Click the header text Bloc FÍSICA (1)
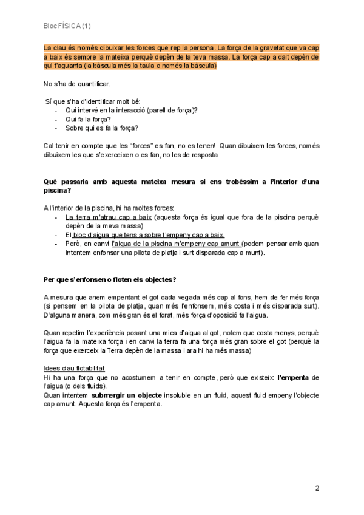67,26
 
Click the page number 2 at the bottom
317,488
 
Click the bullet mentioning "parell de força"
132,110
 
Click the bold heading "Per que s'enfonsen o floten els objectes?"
110,279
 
